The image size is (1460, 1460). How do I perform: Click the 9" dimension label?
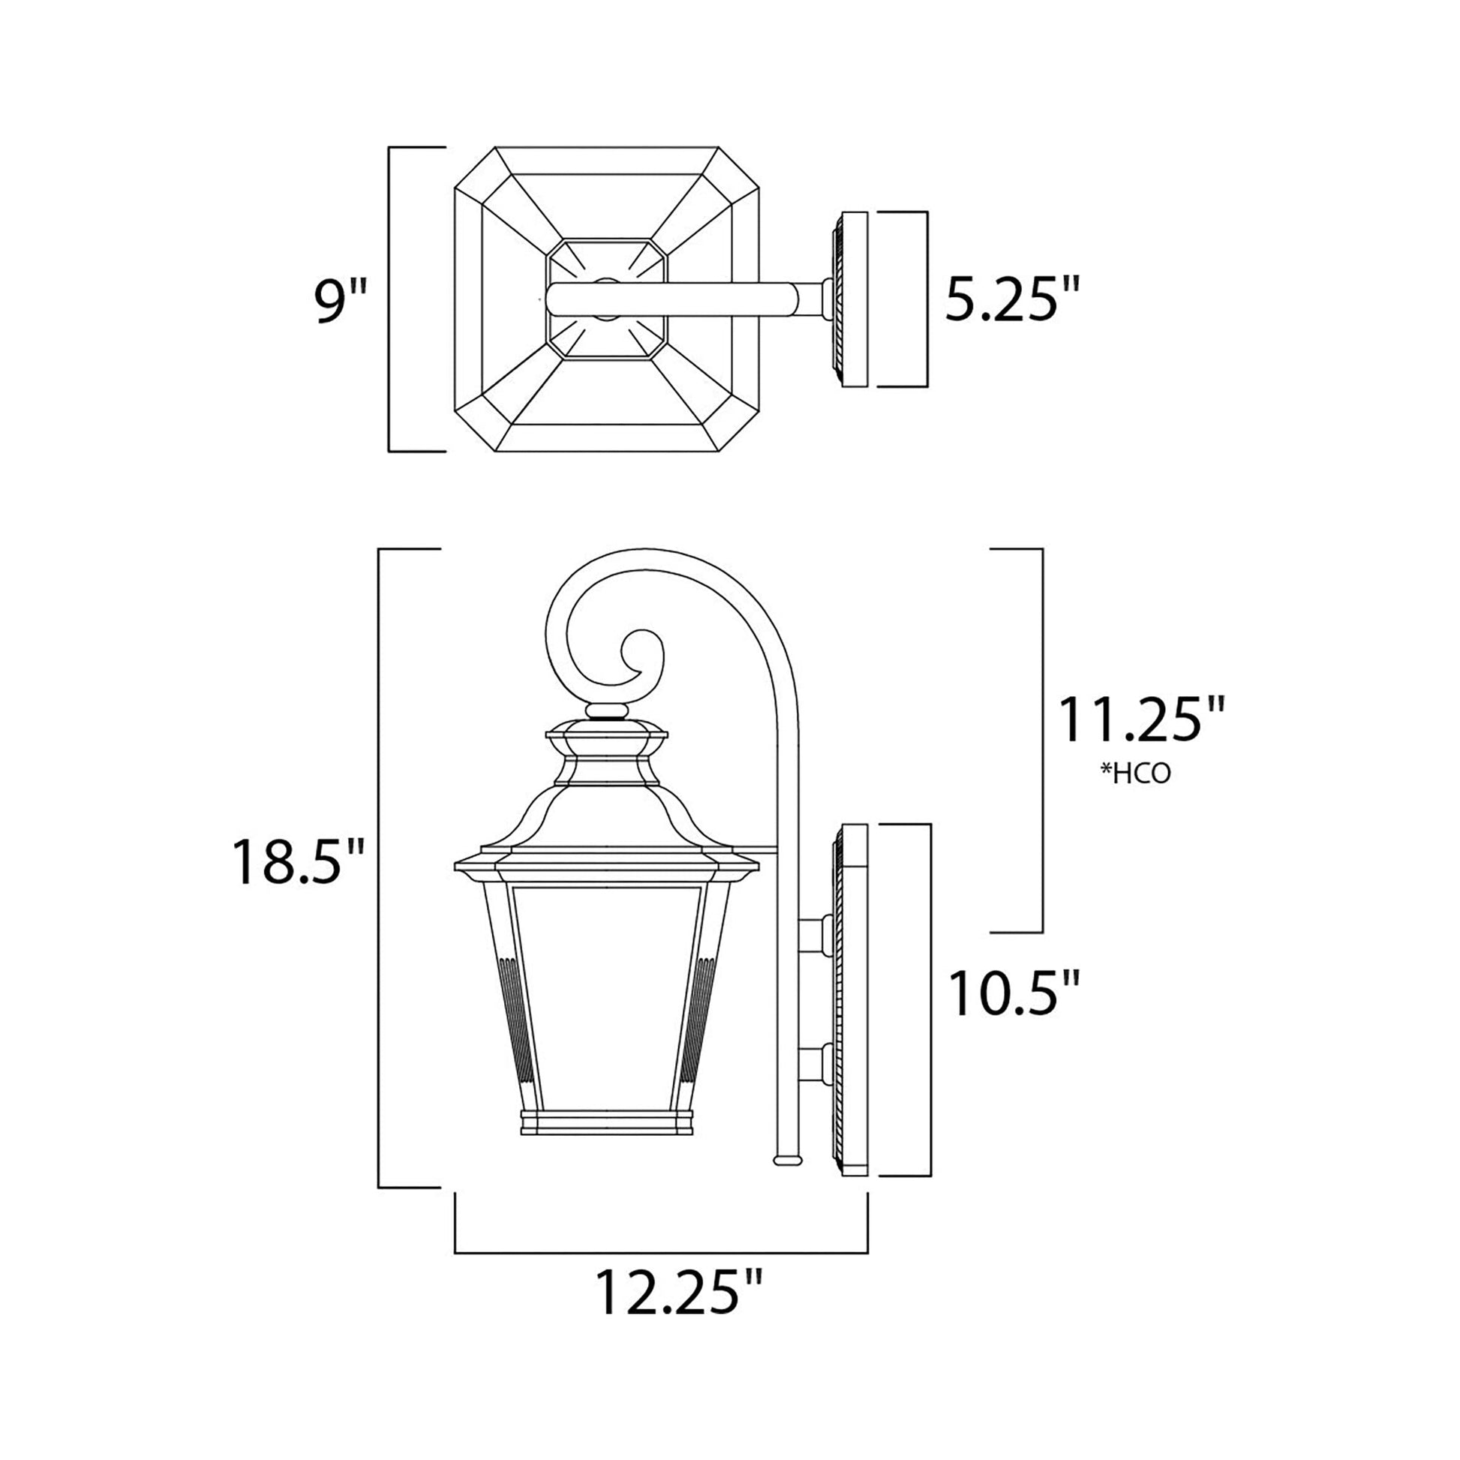point(339,301)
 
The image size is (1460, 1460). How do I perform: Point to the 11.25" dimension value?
point(1140,720)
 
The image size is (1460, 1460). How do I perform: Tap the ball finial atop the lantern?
point(607,710)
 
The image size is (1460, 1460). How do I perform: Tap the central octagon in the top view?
point(607,299)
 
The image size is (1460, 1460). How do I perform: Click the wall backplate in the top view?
point(855,299)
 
